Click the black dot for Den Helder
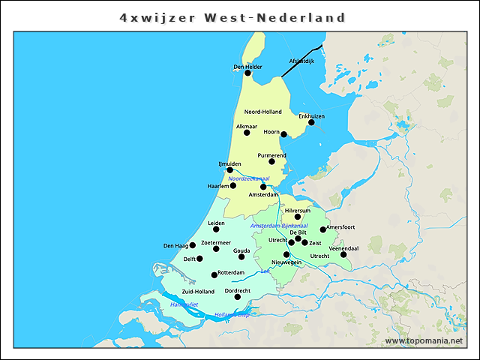tap(247, 73)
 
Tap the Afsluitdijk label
tap(301, 61)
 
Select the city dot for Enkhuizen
tap(311, 122)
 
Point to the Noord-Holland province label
tap(263, 112)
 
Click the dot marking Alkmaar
tap(247, 133)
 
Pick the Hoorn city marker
tap(283, 135)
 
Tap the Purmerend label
tap(271, 155)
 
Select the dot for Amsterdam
tap(263, 187)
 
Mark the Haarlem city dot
tap(233, 185)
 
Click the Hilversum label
tap(298, 211)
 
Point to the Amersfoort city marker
tap(323, 229)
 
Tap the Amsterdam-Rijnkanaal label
tap(279, 226)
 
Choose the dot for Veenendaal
tap(343, 254)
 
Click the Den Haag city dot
tap(193, 245)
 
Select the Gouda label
tap(241, 250)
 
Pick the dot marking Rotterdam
tap(214, 274)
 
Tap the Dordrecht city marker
tap(238, 296)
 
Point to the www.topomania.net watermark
tap(424, 341)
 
